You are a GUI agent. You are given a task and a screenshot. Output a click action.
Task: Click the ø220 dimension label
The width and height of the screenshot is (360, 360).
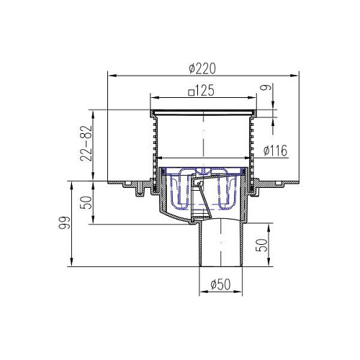[202, 68]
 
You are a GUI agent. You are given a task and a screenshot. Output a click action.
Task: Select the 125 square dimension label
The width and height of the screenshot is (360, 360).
[201, 91]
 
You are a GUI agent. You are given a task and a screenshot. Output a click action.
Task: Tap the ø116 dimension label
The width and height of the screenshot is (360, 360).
[275, 150]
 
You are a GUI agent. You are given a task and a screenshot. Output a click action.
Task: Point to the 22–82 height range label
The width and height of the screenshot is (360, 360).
[86, 143]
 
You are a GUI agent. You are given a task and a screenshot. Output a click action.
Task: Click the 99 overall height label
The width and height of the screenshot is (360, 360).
[64, 222]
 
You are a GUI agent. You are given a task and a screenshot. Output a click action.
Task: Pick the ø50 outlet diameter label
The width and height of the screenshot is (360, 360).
[220, 284]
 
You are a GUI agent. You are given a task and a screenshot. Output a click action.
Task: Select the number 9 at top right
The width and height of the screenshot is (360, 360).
[266, 87]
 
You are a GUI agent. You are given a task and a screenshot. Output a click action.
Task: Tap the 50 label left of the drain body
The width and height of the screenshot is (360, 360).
[86, 202]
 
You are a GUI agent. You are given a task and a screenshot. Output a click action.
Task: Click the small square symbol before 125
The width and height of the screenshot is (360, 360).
[191, 93]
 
